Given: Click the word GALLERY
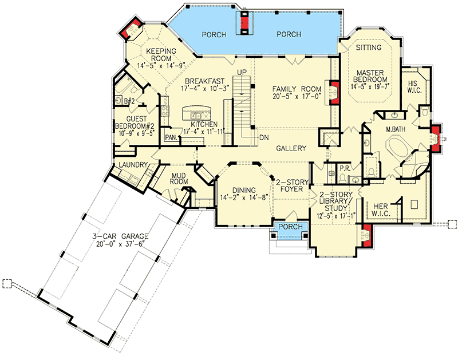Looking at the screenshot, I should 290,148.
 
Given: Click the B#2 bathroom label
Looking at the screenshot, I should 129,101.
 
